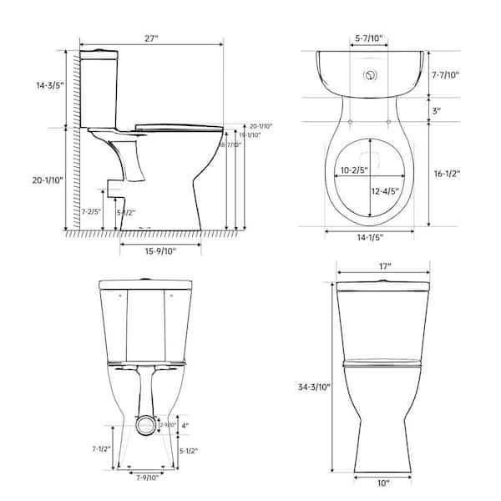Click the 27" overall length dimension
(x=151, y=37)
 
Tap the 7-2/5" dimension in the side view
(x=93, y=212)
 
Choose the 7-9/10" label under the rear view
(x=147, y=478)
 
